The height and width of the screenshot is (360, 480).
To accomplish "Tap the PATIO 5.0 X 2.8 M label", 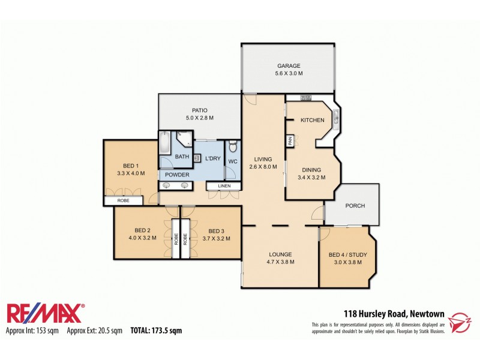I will pyautogui.click(x=199, y=114).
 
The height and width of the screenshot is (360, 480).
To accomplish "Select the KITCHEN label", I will pyautogui.click(x=312, y=121).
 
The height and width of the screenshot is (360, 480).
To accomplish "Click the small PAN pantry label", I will pyautogui.click(x=290, y=141).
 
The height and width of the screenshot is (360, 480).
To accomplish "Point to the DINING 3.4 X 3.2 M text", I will pyautogui.click(x=311, y=173).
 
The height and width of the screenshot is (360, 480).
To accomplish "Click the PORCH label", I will pyautogui.click(x=355, y=206).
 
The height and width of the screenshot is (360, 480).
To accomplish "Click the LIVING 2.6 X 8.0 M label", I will pyautogui.click(x=263, y=163).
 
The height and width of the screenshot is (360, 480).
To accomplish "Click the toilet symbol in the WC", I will pyautogui.click(x=233, y=146).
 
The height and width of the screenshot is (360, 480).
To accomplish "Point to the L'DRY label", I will pyautogui.click(x=213, y=158).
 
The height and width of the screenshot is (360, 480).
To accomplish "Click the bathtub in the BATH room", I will pyautogui.click(x=165, y=142).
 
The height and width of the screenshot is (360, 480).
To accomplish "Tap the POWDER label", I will pyautogui.click(x=178, y=175).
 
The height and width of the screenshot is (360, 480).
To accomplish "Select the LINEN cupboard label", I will pyautogui.click(x=224, y=187).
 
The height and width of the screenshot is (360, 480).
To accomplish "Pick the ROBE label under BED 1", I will pyautogui.click(x=124, y=200).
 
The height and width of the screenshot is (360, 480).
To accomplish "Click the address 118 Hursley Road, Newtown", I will pyautogui.click(x=394, y=313).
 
